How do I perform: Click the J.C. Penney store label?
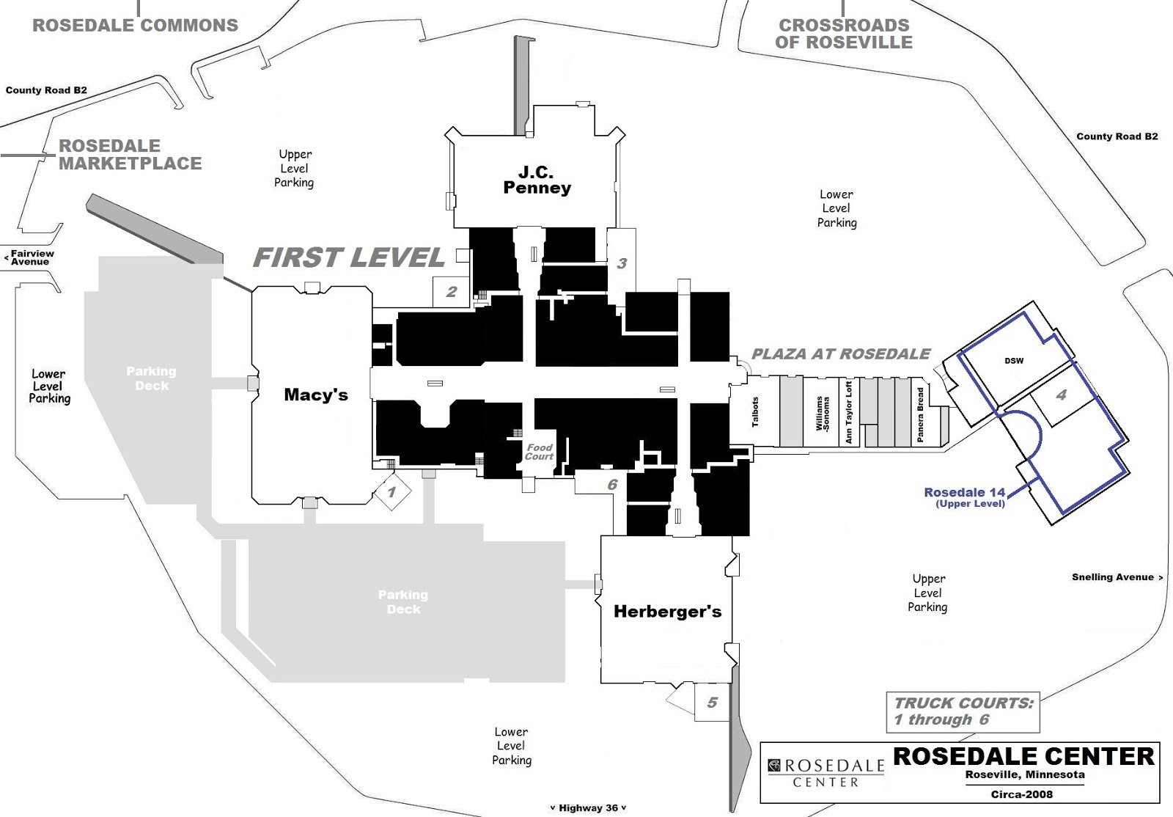click(x=537, y=180)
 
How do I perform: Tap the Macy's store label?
click(x=315, y=395)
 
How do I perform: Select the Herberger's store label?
click(x=667, y=611)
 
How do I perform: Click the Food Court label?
click(x=539, y=452)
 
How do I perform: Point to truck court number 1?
click(x=391, y=491)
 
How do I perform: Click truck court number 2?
click(x=452, y=291)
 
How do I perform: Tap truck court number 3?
click(x=622, y=263)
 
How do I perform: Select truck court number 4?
click(x=1061, y=395)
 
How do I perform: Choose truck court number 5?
click(x=712, y=702)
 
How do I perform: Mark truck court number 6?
click(x=612, y=484)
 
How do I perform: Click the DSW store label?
click(x=1014, y=360)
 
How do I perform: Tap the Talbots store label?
click(x=754, y=412)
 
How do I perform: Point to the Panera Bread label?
click(x=920, y=414)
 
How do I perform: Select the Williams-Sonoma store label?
click(x=823, y=413)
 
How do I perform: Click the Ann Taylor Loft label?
click(x=848, y=412)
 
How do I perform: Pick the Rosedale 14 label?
click(x=964, y=493)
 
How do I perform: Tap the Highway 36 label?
click(x=588, y=807)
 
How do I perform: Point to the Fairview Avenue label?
click(x=31, y=257)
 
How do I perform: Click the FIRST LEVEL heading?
click(x=349, y=257)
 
